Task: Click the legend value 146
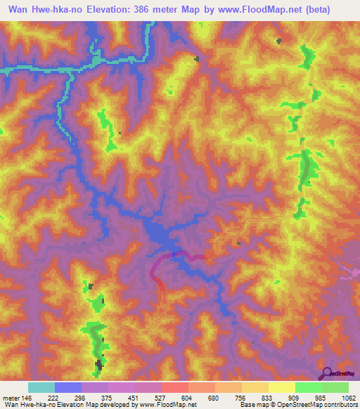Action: pyautogui.click(x=27, y=398)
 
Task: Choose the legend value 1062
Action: pyautogui.click(x=348, y=398)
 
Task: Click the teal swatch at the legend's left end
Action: pyautogui.click(x=41, y=387)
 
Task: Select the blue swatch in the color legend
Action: pyautogui.click(x=68, y=387)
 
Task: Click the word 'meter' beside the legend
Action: pyautogui.click(x=10, y=398)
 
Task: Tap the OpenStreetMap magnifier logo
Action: pyautogui.click(x=327, y=373)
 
